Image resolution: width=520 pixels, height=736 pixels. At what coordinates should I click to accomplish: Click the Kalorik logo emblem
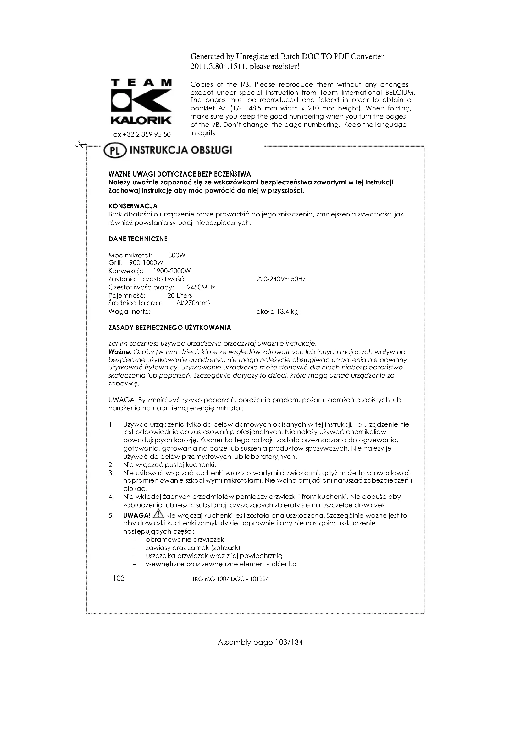pos(141,101)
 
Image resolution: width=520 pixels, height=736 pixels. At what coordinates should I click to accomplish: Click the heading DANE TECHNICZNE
pos(138,239)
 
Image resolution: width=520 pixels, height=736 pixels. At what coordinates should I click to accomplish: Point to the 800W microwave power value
pos(177,256)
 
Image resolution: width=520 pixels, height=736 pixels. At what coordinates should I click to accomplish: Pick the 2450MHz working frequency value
pos(201,287)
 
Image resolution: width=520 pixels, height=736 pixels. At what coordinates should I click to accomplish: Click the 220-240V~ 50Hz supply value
pos(281,279)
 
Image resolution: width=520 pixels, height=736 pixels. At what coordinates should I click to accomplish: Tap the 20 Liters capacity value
pos(180,295)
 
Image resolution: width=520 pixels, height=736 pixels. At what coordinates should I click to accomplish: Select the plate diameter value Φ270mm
pos(193,303)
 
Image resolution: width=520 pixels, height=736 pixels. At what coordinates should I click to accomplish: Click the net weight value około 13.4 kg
pos(277,312)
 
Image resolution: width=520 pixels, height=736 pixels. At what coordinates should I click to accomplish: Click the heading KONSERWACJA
pos(133,206)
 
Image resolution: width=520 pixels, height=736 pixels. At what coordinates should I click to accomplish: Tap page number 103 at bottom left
pos(119,578)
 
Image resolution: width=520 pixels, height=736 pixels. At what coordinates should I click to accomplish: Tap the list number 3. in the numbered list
pos(111,473)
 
